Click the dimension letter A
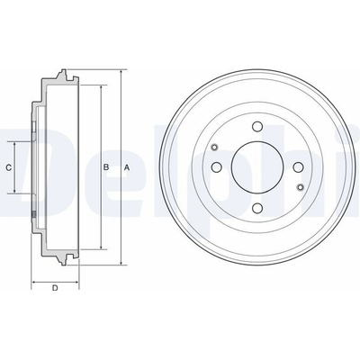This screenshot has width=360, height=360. coord(127,167)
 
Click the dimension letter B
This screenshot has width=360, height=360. coord(106,167)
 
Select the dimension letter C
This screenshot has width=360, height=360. coord(9,167)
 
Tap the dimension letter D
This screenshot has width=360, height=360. coord(55,288)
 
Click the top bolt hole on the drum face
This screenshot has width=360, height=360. coord(257,127)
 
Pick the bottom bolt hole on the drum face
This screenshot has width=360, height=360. coord(257,208)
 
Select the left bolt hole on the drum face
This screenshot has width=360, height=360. coord(217,167)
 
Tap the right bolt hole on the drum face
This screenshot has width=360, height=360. coord(298,167)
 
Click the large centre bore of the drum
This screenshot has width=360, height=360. coord(257,167)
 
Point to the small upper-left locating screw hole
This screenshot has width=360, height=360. coord(214,147)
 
